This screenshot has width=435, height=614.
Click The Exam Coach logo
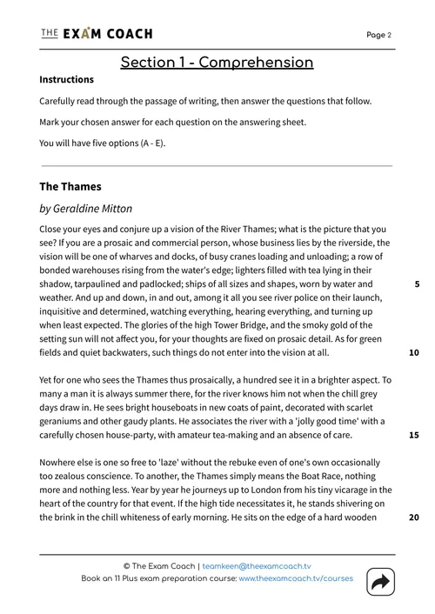[96, 34]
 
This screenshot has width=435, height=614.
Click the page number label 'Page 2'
[378, 35]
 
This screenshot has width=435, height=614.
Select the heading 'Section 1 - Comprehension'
[217, 63]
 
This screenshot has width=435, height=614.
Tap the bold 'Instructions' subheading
[67, 80]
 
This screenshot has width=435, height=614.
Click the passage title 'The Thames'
[70, 186]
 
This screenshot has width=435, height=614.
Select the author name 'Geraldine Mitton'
[102, 209]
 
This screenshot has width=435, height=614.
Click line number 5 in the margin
[417, 284]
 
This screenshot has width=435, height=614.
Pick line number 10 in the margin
[414, 352]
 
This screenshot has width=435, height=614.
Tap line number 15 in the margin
[414, 435]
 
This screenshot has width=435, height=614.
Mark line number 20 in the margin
[414, 517]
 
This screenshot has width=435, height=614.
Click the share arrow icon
[380, 583]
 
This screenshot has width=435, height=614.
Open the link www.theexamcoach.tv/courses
[296, 578]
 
